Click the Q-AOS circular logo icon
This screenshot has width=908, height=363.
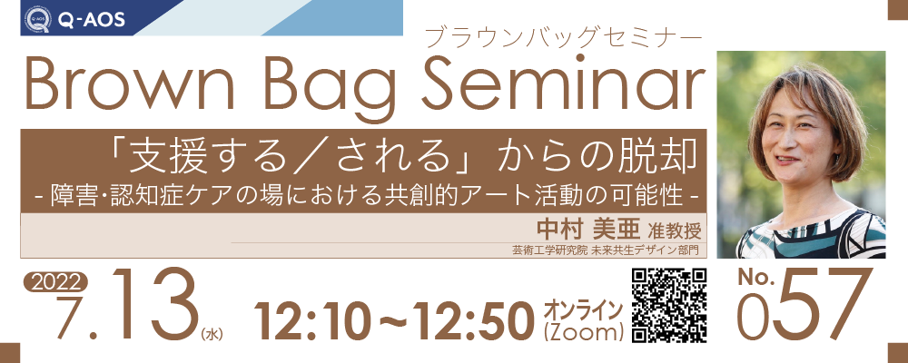tap(38, 19)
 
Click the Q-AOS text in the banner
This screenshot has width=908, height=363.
tap(91, 20)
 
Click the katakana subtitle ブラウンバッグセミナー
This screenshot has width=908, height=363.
tap(563, 38)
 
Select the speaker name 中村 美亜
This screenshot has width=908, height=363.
tap(583, 230)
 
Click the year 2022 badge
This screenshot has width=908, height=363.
tap(55, 282)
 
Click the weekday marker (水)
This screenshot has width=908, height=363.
tap(212, 335)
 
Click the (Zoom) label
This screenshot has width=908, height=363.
tap(583, 332)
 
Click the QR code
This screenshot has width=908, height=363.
tap(669, 306)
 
